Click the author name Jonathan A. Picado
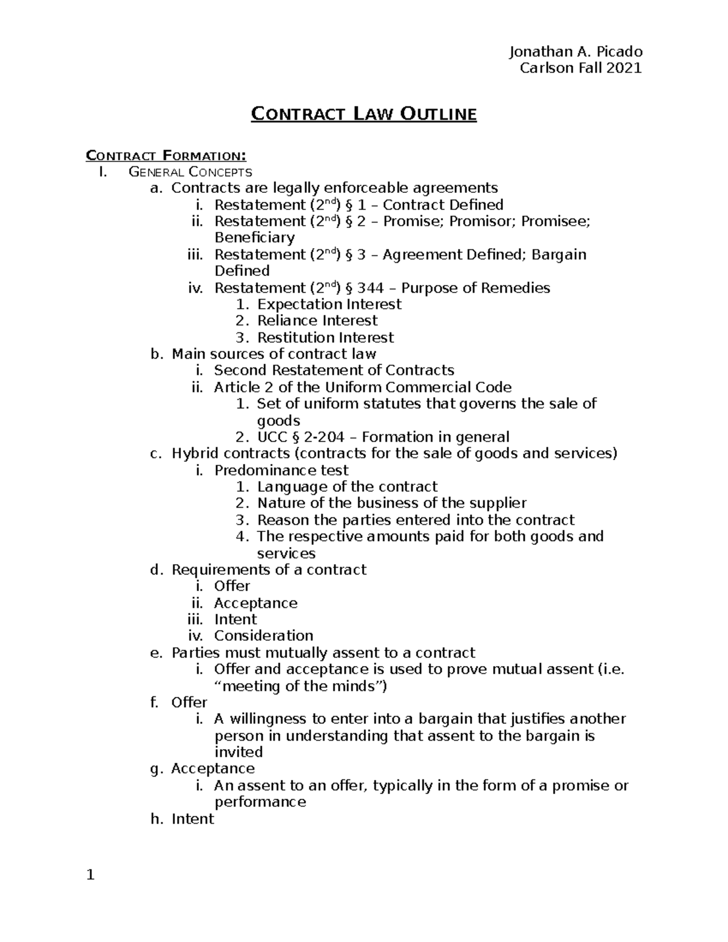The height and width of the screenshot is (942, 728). point(575,52)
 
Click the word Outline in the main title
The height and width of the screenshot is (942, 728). point(437,114)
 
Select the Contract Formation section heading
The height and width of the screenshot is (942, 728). point(166,155)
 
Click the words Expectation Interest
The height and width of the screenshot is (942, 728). point(329,304)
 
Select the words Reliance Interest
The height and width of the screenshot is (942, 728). point(317,321)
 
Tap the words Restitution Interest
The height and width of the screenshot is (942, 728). point(325,338)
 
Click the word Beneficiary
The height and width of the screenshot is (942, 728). point(254,238)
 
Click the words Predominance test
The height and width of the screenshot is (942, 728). point(281,470)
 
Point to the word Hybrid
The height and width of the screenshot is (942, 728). point(195,454)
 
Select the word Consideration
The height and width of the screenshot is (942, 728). point(263,636)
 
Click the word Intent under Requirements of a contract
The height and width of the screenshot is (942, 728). point(235,619)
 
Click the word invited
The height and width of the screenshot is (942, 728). point(238,752)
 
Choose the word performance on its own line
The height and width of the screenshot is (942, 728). point(260,802)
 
